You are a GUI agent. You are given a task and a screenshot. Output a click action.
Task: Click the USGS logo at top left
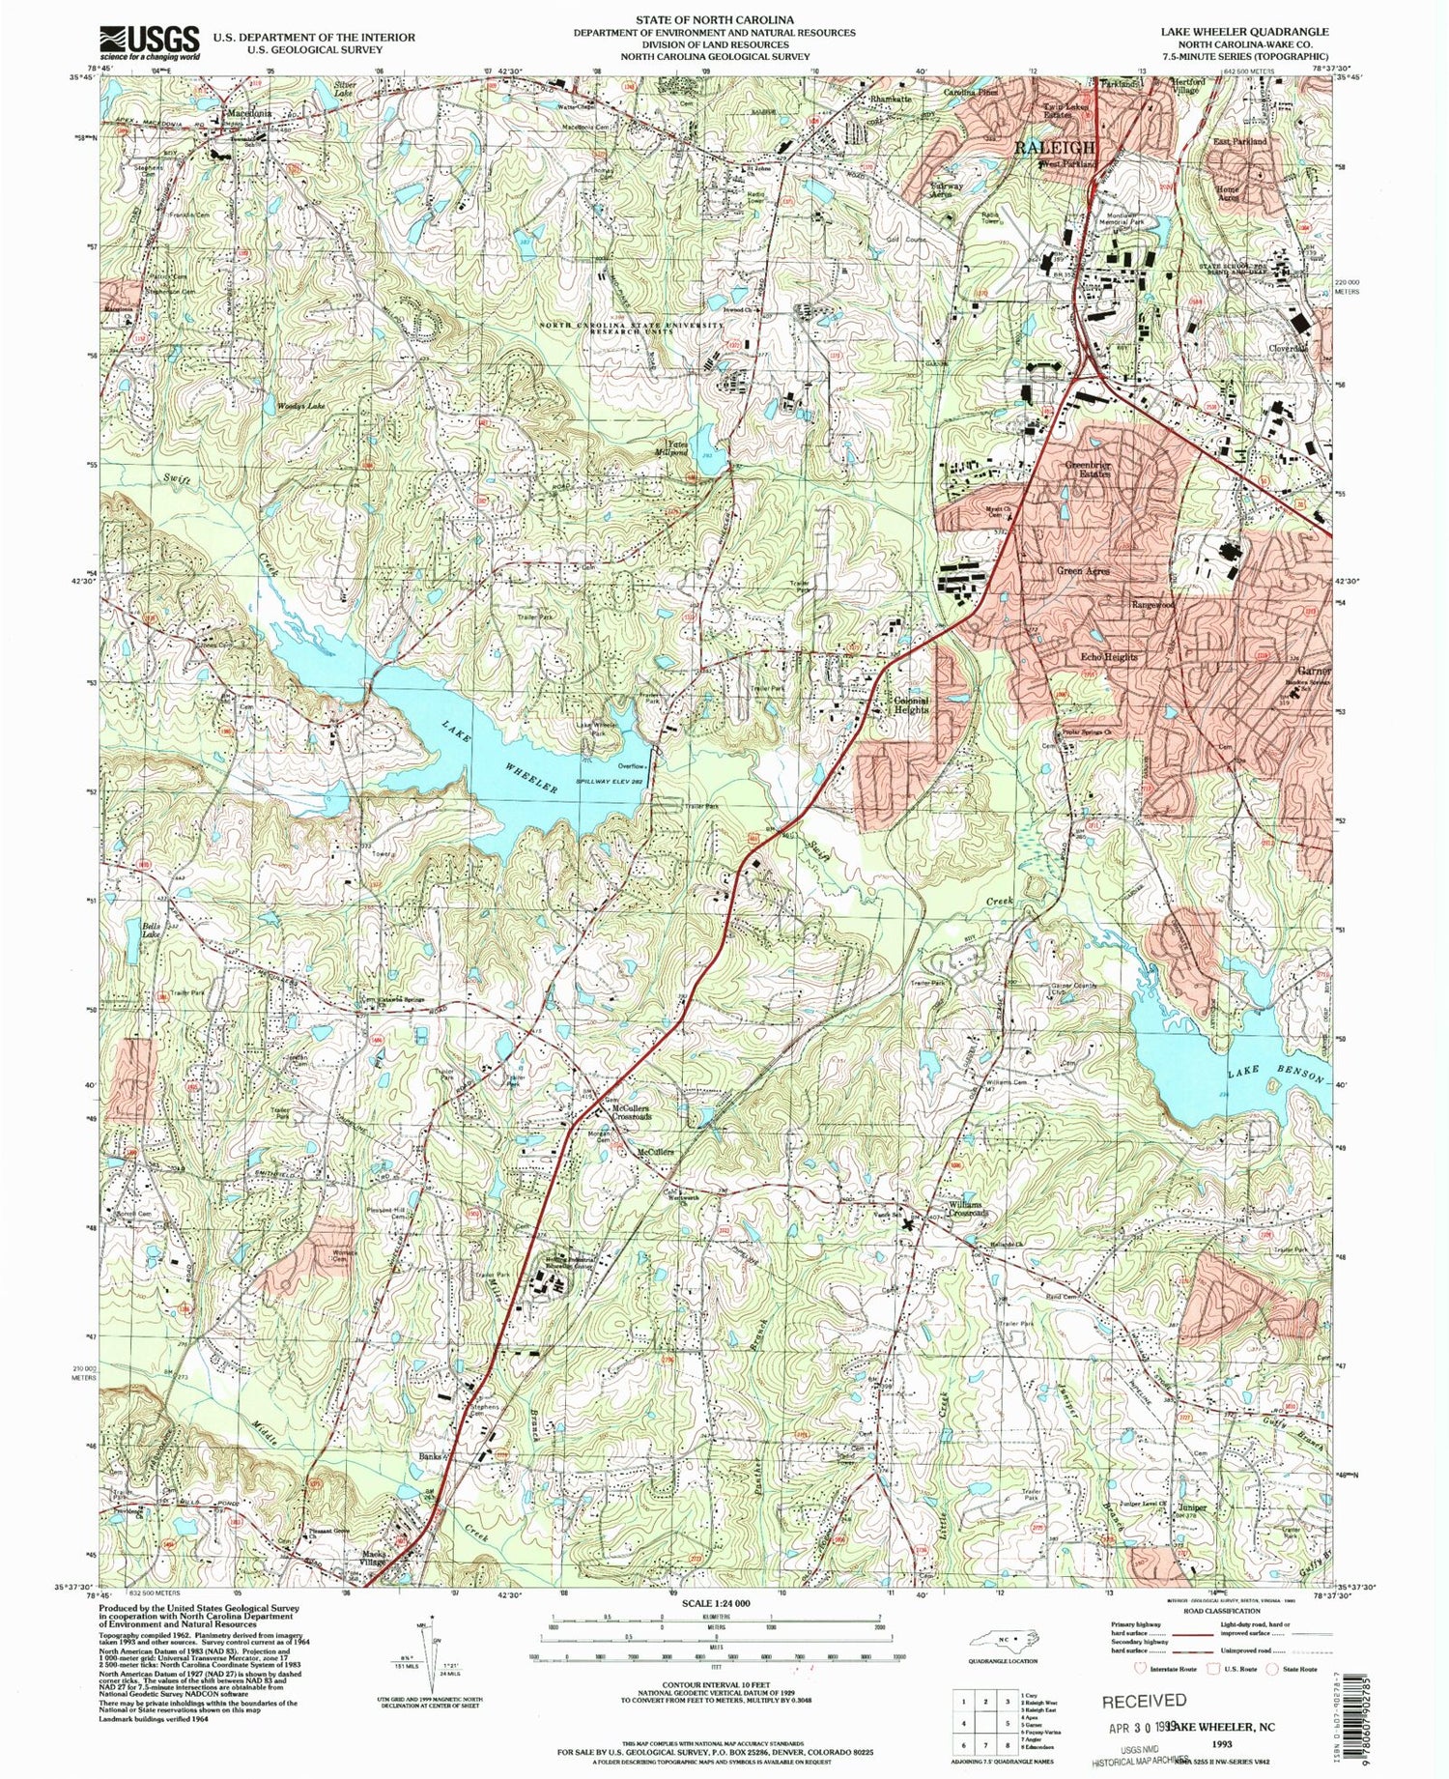click(150, 43)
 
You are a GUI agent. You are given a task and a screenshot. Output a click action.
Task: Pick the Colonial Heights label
click(910, 704)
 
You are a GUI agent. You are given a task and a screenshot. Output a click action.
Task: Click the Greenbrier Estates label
click(1088, 471)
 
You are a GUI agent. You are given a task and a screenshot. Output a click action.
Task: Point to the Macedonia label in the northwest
click(245, 113)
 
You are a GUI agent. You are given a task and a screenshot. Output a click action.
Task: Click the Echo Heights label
click(1108, 657)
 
